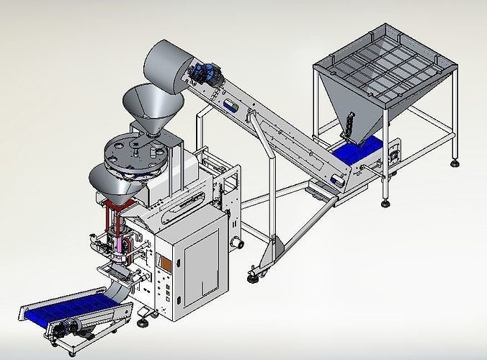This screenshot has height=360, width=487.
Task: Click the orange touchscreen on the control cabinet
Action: (165, 264)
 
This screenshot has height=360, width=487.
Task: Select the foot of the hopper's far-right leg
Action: (455, 163)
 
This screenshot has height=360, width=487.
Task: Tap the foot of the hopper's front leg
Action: (385, 204)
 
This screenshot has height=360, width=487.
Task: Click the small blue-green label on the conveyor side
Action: (231, 106)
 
